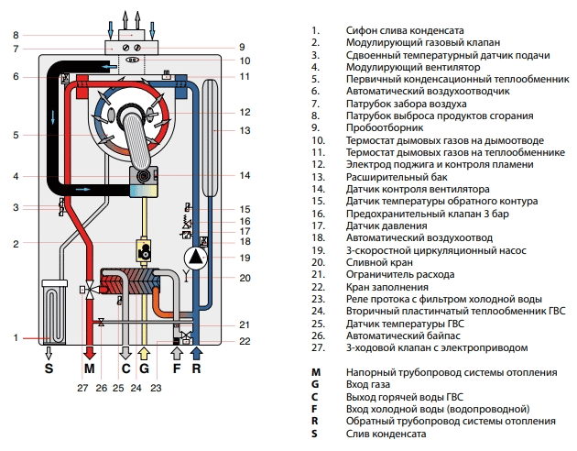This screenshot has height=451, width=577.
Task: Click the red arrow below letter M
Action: click(89, 353)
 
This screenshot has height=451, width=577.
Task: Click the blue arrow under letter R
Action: click(196, 353)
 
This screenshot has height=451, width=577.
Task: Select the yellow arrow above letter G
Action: click(142, 353)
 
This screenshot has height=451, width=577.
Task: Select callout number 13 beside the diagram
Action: click(244, 130)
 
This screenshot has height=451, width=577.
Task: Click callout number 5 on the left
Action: click(16, 135)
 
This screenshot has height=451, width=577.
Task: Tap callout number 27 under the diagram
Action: click(83, 389)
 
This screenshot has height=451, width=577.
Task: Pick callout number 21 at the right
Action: click(244, 324)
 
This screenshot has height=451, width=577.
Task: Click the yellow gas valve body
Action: click(145, 248)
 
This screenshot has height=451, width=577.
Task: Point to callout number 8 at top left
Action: click(16, 35)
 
